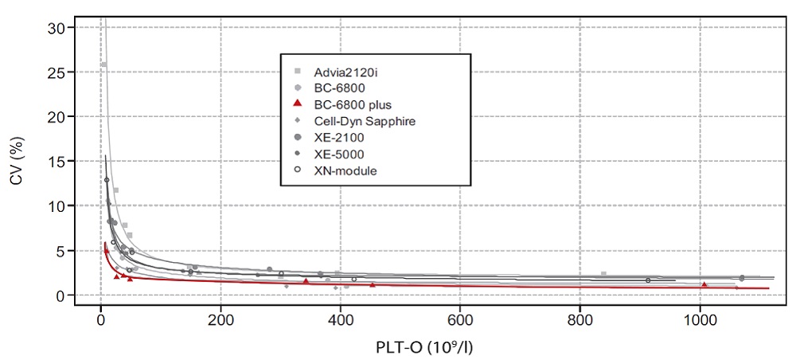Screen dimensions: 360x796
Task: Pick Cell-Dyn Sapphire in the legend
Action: (x=354, y=121)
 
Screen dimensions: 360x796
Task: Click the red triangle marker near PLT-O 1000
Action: (x=704, y=284)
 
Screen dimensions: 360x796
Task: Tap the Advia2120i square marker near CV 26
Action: (x=103, y=65)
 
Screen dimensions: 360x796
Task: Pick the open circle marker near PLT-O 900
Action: (x=648, y=280)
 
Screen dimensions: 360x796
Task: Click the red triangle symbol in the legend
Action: (x=296, y=104)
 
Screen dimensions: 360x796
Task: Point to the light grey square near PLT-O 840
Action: (x=604, y=274)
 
